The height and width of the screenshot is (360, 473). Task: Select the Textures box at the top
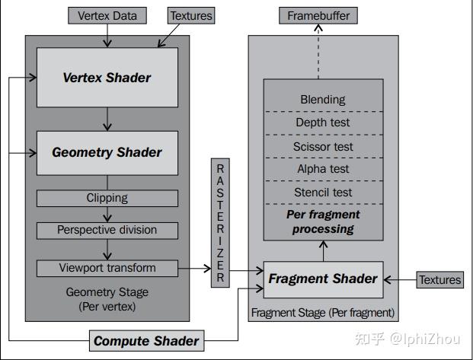point(190,15)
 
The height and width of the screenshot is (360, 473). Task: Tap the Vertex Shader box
point(107,77)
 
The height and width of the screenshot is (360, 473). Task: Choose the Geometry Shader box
point(107,152)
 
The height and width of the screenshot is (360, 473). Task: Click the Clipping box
point(107,198)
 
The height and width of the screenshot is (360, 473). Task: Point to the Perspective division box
point(107,230)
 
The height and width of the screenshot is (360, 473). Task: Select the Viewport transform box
point(107,268)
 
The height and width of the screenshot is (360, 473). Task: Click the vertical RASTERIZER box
point(220,222)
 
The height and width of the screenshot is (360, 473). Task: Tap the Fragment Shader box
point(322,279)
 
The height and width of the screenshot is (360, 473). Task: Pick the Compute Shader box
point(146,341)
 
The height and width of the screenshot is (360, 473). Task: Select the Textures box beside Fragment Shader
point(439,279)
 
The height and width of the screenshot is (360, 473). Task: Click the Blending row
point(323,99)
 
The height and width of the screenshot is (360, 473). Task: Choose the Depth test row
point(323,123)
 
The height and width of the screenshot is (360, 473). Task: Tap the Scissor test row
point(323,146)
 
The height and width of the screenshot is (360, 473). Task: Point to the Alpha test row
point(323,169)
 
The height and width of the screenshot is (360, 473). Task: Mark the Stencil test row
point(323,193)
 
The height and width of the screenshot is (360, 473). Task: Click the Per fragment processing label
point(323,221)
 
